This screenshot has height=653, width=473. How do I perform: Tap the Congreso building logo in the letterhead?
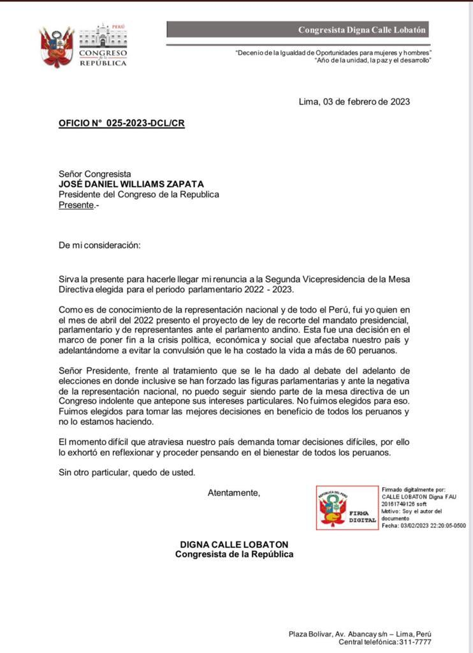(103, 45)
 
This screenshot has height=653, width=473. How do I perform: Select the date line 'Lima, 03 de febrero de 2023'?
(354, 101)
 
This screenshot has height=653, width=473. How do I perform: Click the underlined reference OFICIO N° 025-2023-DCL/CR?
(122, 123)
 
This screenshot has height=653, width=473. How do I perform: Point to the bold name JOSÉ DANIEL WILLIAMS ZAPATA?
(131, 184)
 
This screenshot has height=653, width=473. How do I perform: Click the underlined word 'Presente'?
(76, 205)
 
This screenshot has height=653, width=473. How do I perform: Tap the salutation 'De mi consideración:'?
(99, 246)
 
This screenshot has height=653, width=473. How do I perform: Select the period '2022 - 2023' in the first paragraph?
(270, 290)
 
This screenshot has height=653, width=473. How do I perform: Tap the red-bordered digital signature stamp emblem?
(347, 508)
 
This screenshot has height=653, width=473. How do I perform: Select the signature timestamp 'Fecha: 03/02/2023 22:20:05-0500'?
(423, 525)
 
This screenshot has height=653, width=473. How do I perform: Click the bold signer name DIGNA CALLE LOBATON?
(234, 544)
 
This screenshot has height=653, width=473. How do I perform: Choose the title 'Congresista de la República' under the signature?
(234, 554)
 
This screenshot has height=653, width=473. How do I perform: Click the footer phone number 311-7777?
(414, 642)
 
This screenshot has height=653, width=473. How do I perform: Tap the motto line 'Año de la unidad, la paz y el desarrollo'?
(374, 60)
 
